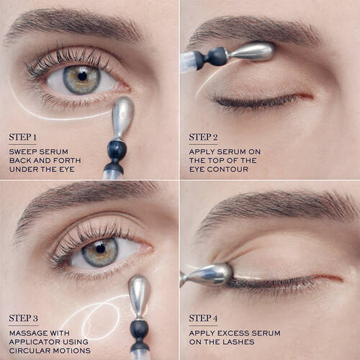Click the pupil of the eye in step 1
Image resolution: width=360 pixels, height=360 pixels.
(x=82, y=76)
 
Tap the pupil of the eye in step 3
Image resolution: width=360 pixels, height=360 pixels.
(x=101, y=253)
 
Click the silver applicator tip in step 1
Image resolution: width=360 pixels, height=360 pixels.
(x=123, y=116)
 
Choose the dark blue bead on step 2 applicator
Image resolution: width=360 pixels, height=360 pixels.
(x=215, y=55)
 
